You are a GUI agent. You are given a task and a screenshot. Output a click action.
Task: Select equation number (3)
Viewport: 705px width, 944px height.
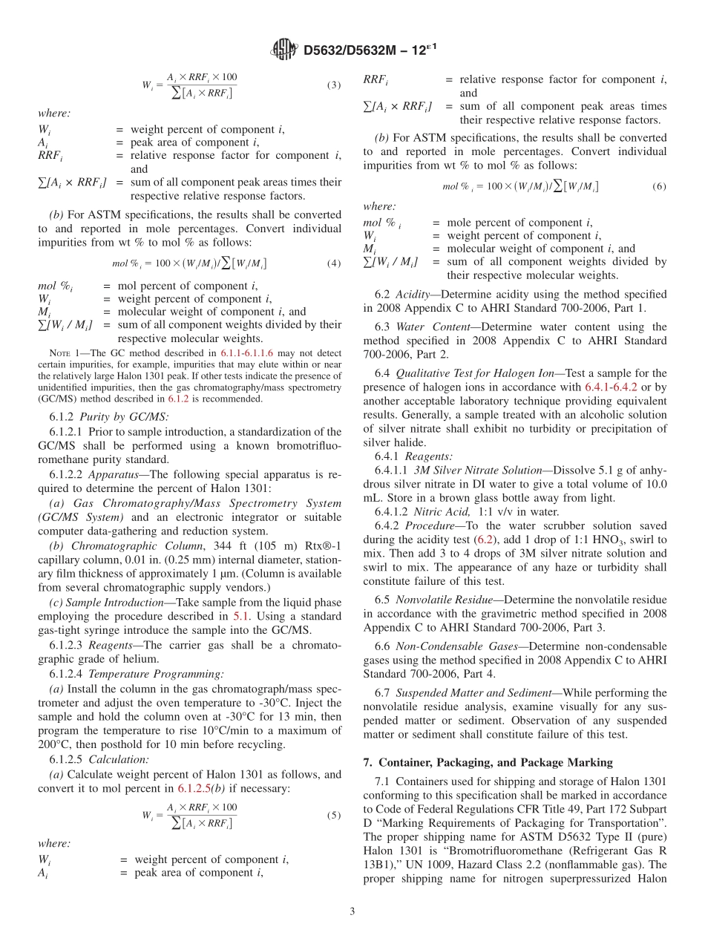click(334, 85)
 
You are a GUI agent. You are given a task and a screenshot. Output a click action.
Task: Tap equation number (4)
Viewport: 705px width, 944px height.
click(334, 263)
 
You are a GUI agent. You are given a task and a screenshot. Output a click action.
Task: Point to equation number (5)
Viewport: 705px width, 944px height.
click(334, 815)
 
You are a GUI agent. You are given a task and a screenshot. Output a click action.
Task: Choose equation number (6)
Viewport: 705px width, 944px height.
click(659, 186)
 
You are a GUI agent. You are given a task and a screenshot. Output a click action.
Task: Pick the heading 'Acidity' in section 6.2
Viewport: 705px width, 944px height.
click(413, 295)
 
